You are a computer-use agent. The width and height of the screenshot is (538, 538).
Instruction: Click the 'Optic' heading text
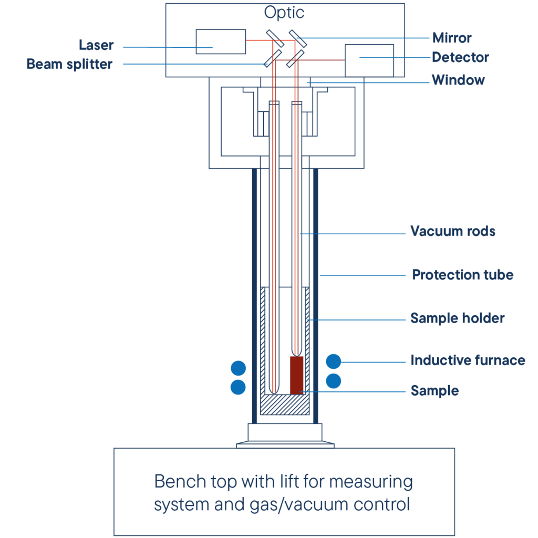coord(284,13)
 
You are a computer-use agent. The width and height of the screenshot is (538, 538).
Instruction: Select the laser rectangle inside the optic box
coord(221,42)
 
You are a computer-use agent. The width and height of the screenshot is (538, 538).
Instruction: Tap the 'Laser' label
coord(96,45)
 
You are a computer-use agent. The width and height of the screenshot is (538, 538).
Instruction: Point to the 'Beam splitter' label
coord(69,64)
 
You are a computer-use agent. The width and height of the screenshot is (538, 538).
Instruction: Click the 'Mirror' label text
coord(452,38)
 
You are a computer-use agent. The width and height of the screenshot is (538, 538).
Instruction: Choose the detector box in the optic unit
coord(369,60)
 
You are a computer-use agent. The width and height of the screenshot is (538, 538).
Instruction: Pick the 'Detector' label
coord(460,57)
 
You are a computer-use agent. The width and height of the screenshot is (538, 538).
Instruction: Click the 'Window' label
coord(458,80)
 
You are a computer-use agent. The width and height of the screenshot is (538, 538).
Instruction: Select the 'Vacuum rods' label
coord(453,231)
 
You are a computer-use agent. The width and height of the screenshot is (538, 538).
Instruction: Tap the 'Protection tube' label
coord(462,275)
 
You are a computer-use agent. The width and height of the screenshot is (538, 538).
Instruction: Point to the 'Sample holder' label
coord(458,318)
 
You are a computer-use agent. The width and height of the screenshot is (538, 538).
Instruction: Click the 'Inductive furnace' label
coord(468,360)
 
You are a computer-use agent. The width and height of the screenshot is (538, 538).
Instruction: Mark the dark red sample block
coord(297,375)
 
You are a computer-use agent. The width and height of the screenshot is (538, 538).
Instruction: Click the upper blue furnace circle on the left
coord(238,368)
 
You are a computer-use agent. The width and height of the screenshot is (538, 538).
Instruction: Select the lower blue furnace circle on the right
coord(334,381)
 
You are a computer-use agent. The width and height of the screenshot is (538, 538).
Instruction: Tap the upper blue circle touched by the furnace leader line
coord(334,361)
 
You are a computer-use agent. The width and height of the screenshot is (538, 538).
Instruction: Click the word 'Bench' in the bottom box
coord(180,481)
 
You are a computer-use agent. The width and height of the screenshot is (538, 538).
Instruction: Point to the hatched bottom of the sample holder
coord(285,405)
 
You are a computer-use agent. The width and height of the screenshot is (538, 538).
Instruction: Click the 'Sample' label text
coord(434,391)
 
